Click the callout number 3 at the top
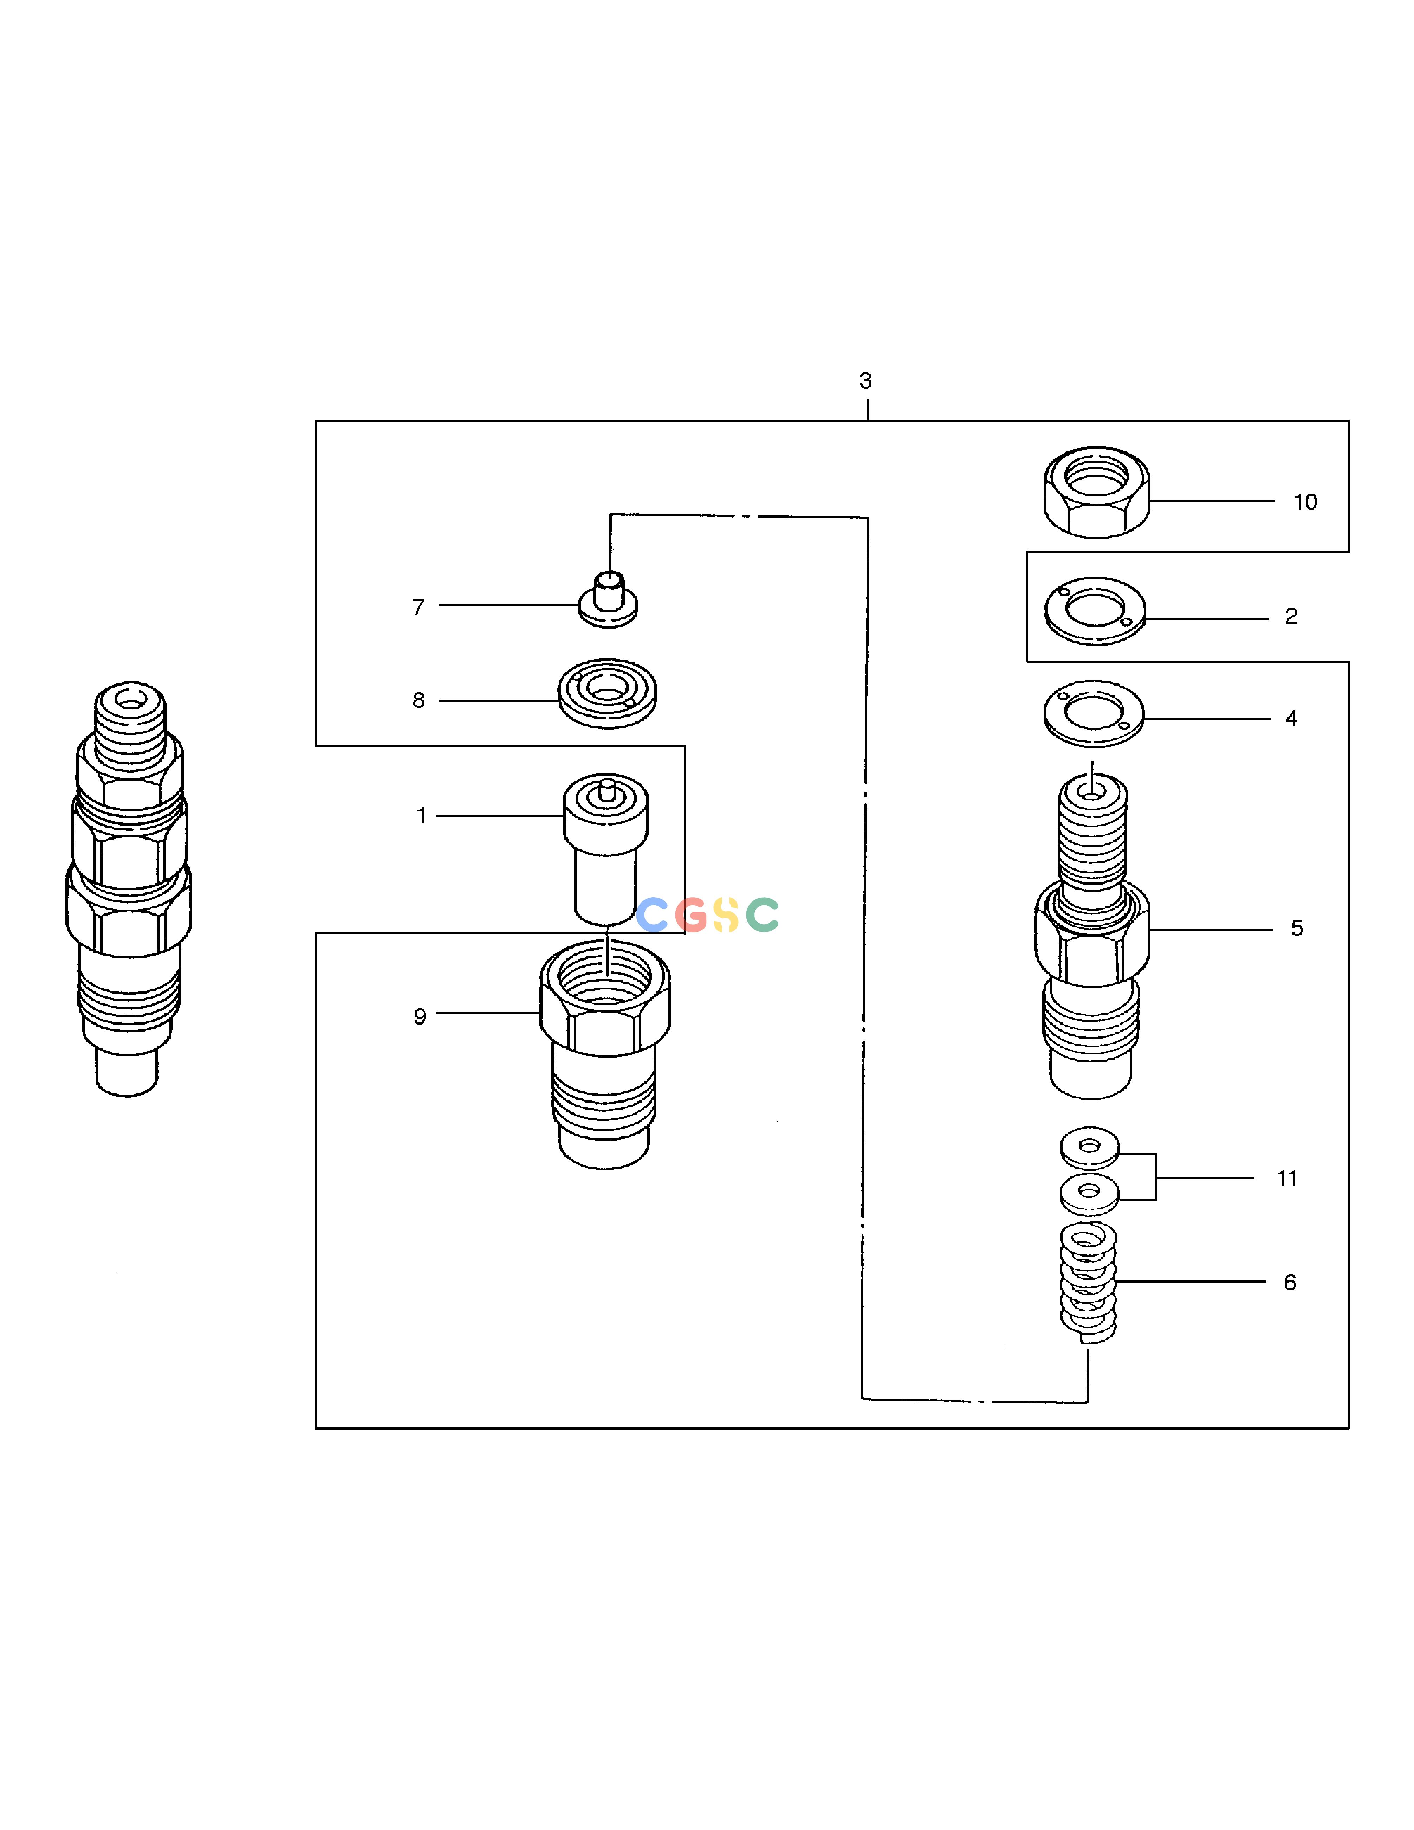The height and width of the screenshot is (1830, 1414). click(x=865, y=381)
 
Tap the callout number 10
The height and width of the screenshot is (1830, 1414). click(x=1305, y=502)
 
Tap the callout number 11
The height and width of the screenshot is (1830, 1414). click(x=1287, y=1179)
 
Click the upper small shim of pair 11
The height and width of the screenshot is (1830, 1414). click(x=1089, y=1147)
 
